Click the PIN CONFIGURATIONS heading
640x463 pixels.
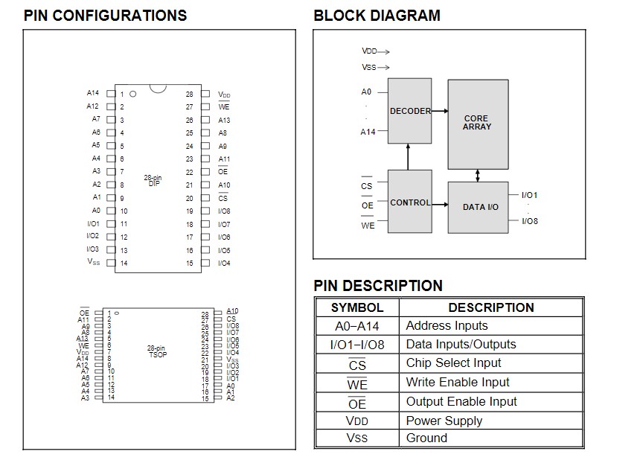(105, 16)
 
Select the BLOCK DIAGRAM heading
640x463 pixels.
(377, 16)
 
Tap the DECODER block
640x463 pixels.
(410, 111)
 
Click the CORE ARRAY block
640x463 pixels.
(477, 123)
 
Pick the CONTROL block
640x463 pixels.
(410, 202)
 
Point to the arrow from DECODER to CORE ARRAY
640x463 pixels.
(440, 111)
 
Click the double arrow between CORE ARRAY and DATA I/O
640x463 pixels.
(478, 176)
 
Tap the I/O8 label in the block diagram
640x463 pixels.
(530, 221)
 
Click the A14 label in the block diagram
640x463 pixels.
(368, 132)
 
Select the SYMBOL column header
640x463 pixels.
(357, 307)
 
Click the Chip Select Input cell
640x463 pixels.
(454, 363)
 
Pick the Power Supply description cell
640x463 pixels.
(444, 421)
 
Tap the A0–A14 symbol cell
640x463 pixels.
(357, 326)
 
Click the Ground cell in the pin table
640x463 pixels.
(426, 438)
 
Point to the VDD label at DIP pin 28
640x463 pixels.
(224, 95)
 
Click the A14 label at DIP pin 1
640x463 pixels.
(92, 93)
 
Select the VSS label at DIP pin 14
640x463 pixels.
(93, 262)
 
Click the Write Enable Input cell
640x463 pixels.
(458, 383)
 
